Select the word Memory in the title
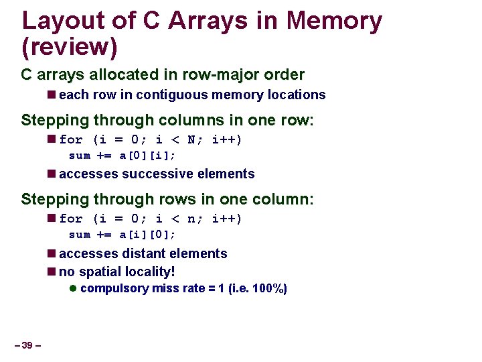pos(334,21)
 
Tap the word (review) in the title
pos(70,46)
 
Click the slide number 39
pos(27,345)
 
